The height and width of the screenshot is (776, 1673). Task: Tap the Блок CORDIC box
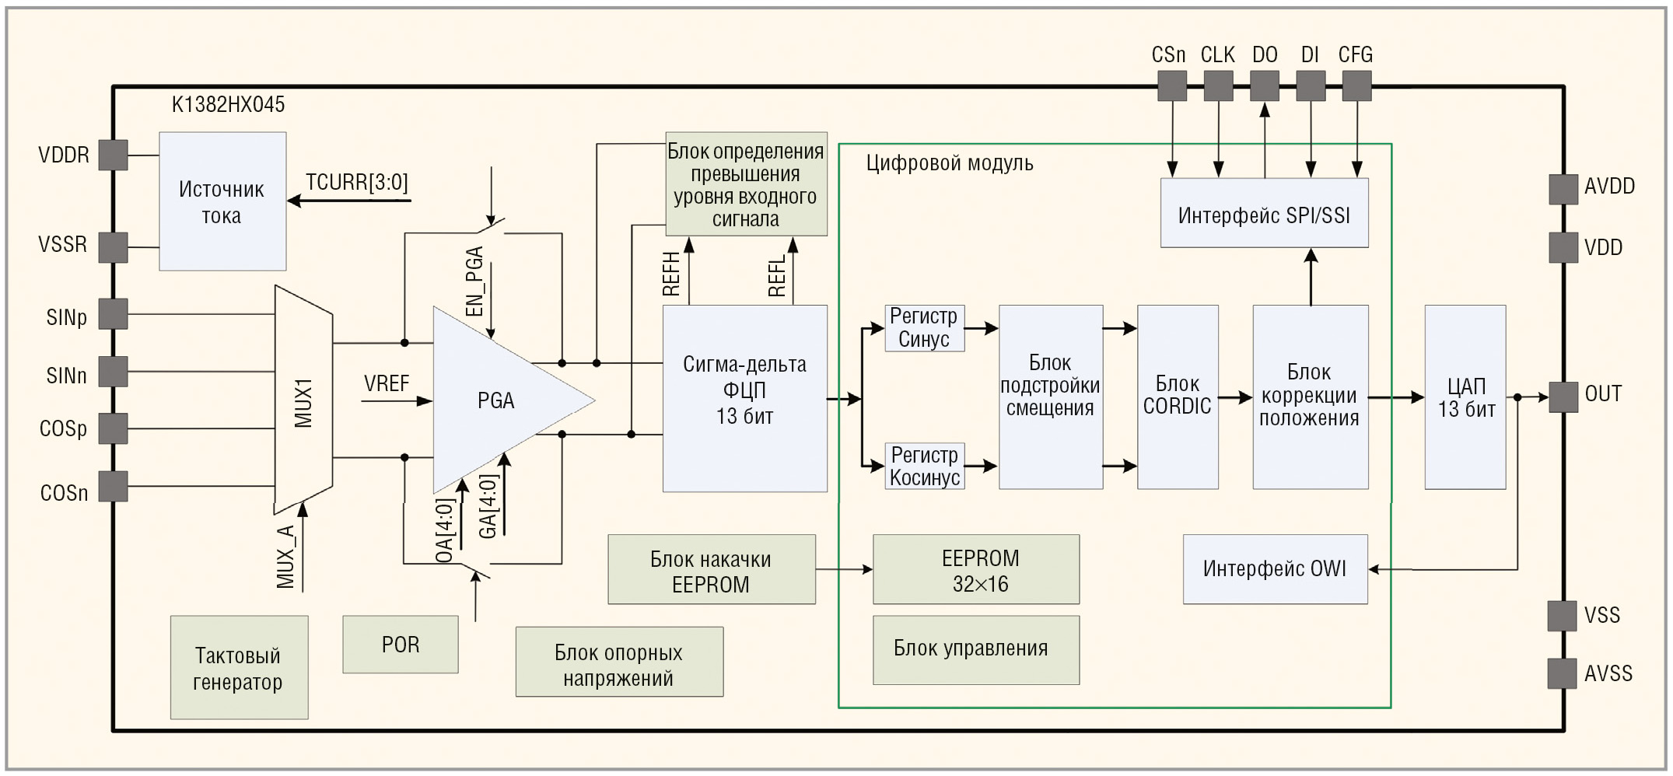[x=1177, y=397]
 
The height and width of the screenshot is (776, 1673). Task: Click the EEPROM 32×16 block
[x=976, y=569]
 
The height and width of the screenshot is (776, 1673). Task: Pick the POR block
[x=400, y=645]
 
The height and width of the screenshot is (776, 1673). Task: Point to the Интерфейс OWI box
[x=1275, y=569]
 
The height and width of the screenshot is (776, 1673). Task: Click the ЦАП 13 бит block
[x=1465, y=397]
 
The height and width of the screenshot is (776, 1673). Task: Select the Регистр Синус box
[x=924, y=328]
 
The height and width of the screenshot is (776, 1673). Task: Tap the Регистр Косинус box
[x=924, y=467]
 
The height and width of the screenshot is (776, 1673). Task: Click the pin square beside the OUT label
[x=1563, y=397]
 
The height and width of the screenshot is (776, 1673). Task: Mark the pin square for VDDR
[x=113, y=155]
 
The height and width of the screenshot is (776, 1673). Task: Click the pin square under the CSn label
[x=1171, y=86]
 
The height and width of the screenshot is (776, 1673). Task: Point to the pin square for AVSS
[x=1562, y=673]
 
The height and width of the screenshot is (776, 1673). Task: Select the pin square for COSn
[x=113, y=487]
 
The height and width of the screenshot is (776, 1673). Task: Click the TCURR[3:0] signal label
[x=356, y=183]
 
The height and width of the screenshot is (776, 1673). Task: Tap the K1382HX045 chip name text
[x=228, y=104]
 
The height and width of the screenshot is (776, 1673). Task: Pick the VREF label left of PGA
[x=387, y=383]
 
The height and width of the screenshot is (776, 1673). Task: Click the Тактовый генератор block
[x=239, y=668]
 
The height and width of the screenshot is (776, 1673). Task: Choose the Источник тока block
[x=222, y=201]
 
